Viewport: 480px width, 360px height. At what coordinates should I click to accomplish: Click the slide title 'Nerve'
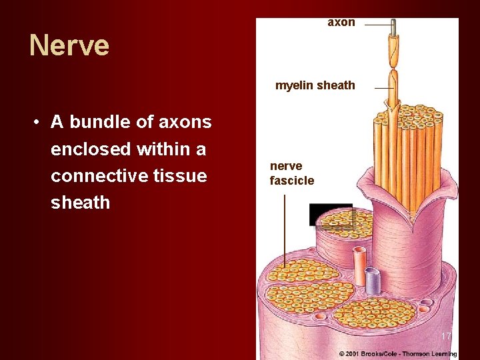coord(69,46)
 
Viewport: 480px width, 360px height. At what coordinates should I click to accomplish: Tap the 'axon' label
coord(341,23)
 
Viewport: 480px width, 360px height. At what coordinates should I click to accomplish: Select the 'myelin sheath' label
coord(315,85)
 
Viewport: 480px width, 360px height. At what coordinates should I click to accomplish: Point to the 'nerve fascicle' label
coord(291,173)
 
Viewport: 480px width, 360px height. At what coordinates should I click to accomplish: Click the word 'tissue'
coord(181,176)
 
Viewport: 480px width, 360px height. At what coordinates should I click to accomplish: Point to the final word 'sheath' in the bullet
coord(80,203)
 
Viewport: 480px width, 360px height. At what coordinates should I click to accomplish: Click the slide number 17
coord(446,336)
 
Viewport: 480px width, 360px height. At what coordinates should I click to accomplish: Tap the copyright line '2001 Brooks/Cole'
coord(397,354)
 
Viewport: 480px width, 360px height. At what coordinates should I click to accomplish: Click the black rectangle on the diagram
coord(330,214)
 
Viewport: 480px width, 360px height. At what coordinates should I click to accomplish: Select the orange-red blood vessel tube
coord(359,266)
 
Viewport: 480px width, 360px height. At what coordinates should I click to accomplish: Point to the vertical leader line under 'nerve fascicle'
coord(285,230)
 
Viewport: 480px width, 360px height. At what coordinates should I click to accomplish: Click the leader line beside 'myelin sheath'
coord(383,88)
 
